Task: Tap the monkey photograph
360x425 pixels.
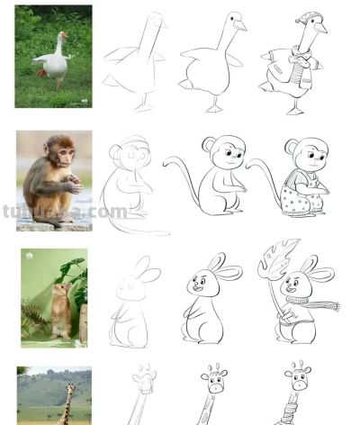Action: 52,180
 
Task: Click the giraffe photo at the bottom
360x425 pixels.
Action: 54,396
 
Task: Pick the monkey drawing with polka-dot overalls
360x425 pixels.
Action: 300,180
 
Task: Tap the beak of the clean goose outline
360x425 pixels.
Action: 242,25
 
